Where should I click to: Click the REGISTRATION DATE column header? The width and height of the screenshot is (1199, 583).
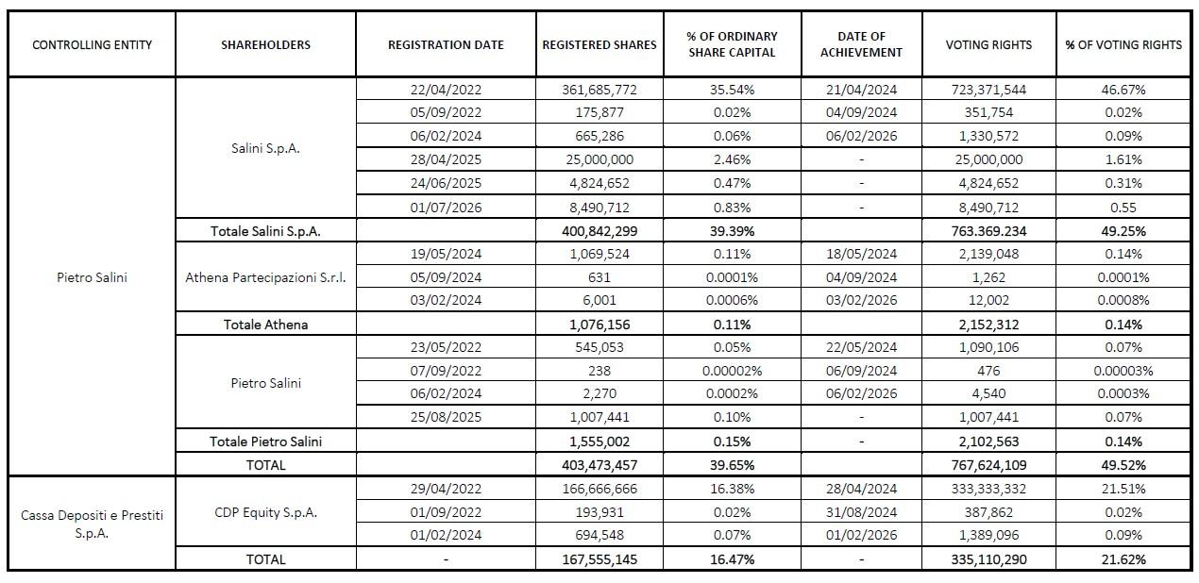(446, 45)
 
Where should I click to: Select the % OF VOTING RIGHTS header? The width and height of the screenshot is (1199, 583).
(1123, 45)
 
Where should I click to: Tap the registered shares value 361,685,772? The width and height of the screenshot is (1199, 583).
(599, 90)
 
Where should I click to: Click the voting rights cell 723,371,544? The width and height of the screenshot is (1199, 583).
(988, 90)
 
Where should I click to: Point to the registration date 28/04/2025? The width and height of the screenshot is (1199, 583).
(446, 159)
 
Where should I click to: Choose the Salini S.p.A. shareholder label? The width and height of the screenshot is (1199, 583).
(265, 148)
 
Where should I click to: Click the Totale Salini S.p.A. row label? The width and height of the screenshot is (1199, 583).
(265, 231)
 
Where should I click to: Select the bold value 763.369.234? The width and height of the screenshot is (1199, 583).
(988, 231)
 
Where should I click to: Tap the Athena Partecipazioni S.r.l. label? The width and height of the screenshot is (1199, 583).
(265, 277)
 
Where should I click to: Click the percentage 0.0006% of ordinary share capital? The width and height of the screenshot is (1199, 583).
(732, 300)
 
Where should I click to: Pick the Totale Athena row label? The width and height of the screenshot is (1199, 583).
(265, 325)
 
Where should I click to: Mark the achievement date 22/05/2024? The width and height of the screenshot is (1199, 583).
(861, 347)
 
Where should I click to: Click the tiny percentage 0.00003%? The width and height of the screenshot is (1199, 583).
(1123, 371)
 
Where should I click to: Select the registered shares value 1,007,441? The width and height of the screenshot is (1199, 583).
(599, 417)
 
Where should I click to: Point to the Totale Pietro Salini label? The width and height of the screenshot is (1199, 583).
(265, 441)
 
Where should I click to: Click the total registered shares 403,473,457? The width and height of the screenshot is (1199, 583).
(599, 465)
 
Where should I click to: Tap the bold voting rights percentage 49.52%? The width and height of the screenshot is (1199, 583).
(1123, 465)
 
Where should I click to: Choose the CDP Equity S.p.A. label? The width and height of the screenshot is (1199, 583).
(265, 512)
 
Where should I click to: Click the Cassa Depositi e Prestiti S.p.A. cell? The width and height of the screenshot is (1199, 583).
(93, 525)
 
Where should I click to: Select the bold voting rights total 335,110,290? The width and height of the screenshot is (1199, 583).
(988, 559)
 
